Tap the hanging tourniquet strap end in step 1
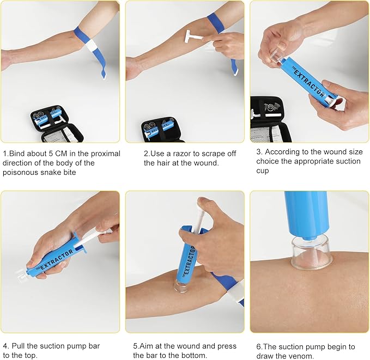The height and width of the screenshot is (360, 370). click(x=101, y=68)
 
